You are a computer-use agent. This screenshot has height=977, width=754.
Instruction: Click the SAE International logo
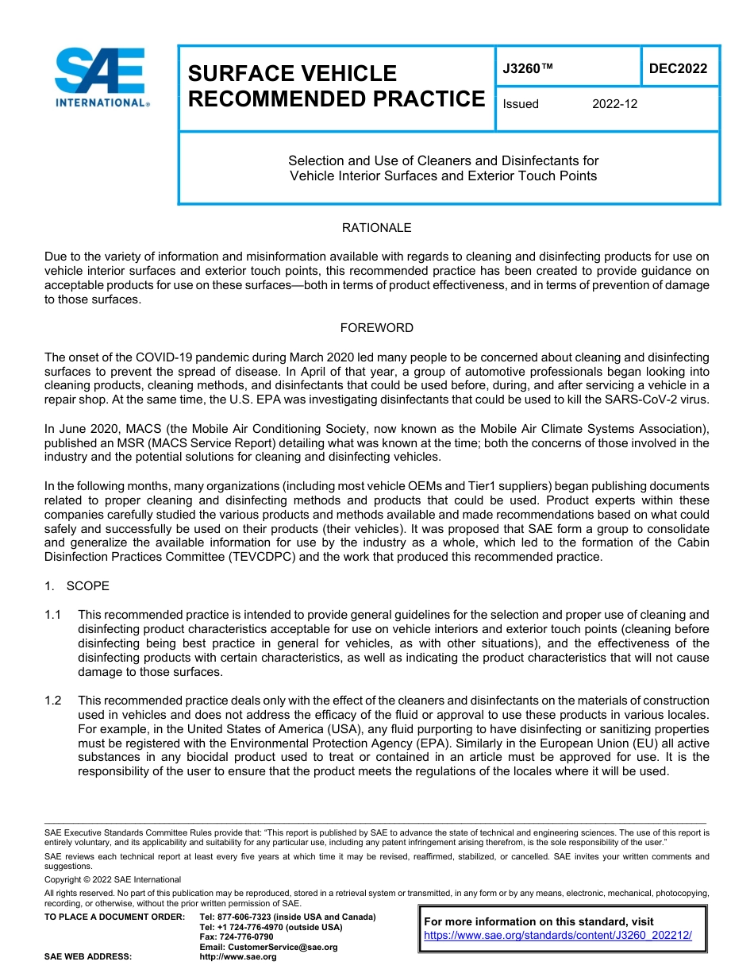101,78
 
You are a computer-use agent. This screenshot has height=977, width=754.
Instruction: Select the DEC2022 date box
678,69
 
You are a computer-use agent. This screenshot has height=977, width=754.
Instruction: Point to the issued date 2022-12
614,104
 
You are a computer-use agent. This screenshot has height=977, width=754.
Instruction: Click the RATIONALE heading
376,228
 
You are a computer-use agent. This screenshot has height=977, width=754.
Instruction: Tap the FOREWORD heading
376,328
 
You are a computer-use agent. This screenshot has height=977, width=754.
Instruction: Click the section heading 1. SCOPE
77,586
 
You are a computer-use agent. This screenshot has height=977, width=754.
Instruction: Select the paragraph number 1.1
53,615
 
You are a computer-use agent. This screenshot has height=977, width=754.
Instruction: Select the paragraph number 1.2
53,701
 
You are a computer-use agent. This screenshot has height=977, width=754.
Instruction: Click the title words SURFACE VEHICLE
292,74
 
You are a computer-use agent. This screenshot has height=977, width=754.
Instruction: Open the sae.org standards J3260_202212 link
558,936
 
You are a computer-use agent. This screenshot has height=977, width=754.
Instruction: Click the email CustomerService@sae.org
268,947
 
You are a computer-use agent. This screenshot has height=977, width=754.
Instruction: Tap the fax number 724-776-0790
248,937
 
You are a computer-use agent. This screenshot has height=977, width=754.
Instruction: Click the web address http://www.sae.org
238,957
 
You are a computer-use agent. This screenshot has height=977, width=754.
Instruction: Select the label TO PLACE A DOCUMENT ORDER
114,917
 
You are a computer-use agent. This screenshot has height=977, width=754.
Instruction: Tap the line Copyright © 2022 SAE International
113,879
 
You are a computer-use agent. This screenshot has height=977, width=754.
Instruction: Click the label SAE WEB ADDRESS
88,957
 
